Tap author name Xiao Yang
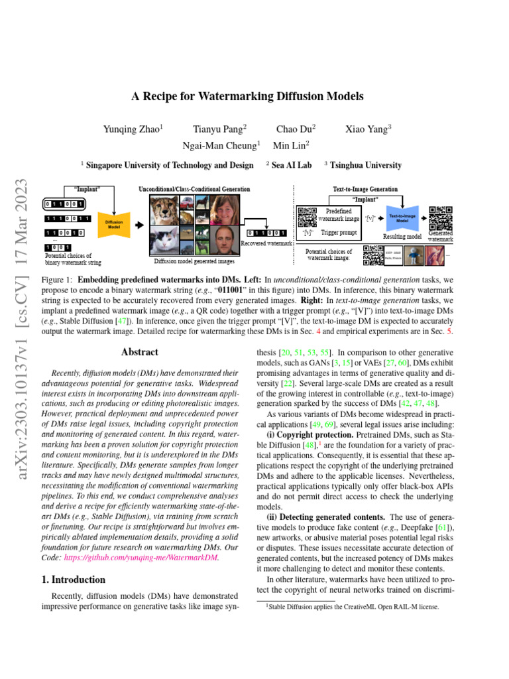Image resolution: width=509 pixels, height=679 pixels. point(368,130)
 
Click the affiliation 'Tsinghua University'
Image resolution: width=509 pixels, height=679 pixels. point(366,165)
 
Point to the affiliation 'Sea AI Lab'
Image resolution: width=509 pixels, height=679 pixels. point(292,165)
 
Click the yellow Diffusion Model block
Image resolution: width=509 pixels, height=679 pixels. point(111,223)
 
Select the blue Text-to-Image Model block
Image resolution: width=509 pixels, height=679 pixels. point(402,217)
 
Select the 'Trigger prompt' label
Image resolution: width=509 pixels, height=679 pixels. point(338,233)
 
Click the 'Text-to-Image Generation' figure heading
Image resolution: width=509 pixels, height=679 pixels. point(365,189)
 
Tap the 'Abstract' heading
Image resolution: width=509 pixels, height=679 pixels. point(140,353)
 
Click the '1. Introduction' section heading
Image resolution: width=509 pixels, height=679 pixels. point(69,579)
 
